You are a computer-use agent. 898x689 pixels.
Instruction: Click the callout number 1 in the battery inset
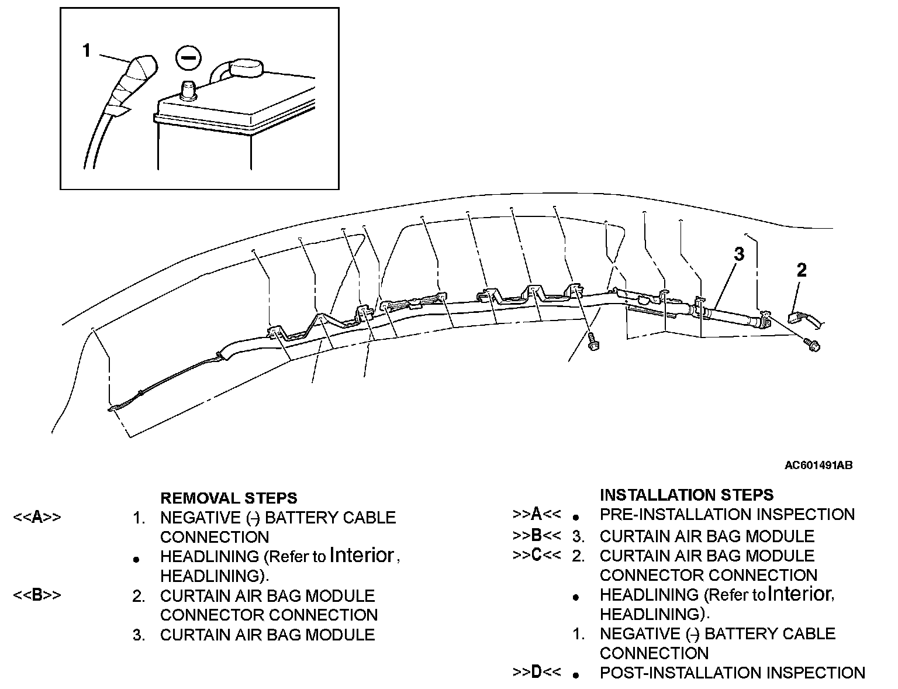87,51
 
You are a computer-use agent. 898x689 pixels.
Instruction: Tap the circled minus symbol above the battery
188,58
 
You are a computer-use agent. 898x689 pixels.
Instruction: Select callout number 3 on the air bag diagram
739,254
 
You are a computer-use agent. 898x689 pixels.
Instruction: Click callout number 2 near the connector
802,270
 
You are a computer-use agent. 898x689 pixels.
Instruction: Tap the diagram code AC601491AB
818,466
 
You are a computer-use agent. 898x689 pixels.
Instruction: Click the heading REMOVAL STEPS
229,498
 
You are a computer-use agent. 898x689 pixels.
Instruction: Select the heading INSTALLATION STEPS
686,495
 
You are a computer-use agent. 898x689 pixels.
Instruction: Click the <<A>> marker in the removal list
37,518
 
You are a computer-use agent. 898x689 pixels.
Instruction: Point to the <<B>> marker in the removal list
37,595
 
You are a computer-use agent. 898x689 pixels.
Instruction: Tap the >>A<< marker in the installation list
537,515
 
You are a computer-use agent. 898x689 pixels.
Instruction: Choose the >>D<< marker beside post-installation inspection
537,673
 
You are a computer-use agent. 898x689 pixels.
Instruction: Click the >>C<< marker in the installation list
537,556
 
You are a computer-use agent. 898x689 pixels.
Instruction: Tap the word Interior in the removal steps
362,555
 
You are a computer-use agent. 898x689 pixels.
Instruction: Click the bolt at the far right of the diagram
813,345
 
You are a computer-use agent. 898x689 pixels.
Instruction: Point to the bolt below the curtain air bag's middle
592,343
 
